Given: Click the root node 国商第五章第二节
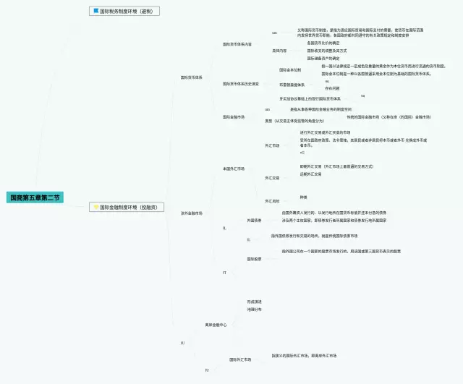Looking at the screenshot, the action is pos(35,197).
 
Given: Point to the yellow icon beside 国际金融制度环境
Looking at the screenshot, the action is pos(95,207).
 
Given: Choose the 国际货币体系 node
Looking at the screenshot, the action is pos(192,77).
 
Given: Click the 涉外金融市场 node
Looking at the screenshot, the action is pos(192,213).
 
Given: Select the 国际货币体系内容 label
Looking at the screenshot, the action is pos(237,45).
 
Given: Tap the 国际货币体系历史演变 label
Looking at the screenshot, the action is pos(240,84).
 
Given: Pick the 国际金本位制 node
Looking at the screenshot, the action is pos(290,70).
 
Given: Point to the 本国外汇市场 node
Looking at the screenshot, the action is pos(234,168).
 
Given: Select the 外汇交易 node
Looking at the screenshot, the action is pos(272,178).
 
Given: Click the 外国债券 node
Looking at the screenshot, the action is pos(254,219).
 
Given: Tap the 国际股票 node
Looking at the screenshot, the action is pos(254,259).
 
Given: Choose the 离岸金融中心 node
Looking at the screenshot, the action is pos(216,325).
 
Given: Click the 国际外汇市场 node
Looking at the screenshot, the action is pos(240,359).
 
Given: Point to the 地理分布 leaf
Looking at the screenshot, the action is pos(254,310).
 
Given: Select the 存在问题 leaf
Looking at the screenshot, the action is pos(333,89).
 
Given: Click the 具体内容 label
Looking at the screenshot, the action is pos(279,51).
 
